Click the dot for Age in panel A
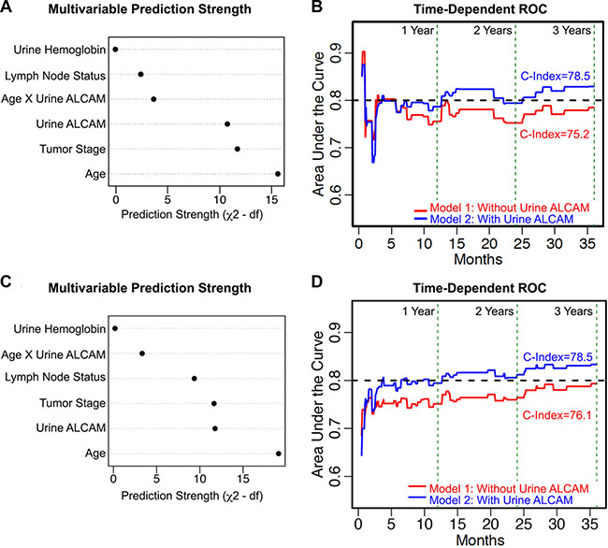coord(278,173)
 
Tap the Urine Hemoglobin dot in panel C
coord(115,328)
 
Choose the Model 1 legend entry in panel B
coord(500,210)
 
